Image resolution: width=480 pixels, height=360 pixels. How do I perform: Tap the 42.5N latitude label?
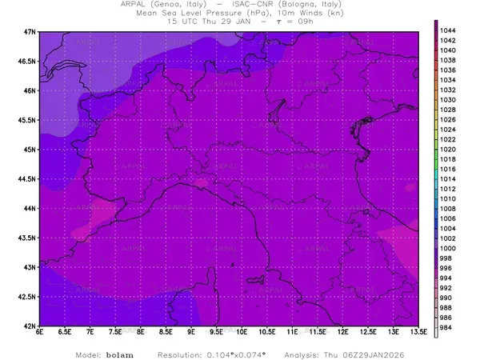tap(27, 297)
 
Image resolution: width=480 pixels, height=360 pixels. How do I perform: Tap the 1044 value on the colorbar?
tap(449, 30)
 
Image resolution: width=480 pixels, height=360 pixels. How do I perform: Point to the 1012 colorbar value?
tap(449, 189)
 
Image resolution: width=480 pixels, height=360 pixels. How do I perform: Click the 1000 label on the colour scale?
tap(449, 249)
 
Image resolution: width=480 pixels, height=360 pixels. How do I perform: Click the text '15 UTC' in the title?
tap(181, 22)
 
